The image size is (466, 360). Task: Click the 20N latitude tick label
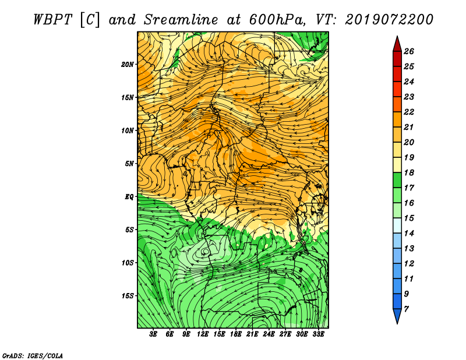[x=128, y=65]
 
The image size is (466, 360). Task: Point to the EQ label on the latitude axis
[x=129, y=197]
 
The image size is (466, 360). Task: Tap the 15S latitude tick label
[x=128, y=296]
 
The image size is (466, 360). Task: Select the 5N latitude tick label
[x=129, y=164]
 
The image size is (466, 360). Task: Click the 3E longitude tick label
[x=153, y=334]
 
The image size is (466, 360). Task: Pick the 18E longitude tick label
[x=236, y=334]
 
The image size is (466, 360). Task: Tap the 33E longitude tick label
[x=318, y=334]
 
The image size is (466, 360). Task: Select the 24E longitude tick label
[x=269, y=334]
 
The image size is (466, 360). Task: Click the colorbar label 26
[x=409, y=51]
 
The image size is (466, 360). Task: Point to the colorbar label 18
[x=409, y=172]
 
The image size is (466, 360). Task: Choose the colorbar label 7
[x=406, y=309]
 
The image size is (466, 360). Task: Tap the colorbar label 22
[x=409, y=112]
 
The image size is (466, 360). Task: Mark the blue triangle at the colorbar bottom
[x=397, y=316]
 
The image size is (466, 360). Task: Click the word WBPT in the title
[x=53, y=20]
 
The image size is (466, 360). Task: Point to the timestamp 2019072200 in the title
[x=389, y=20]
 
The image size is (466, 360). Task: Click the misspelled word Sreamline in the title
[x=181, y=20]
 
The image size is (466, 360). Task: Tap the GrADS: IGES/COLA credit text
[x=33, y=356]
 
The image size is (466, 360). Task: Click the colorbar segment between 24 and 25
[x=397, y=74]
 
